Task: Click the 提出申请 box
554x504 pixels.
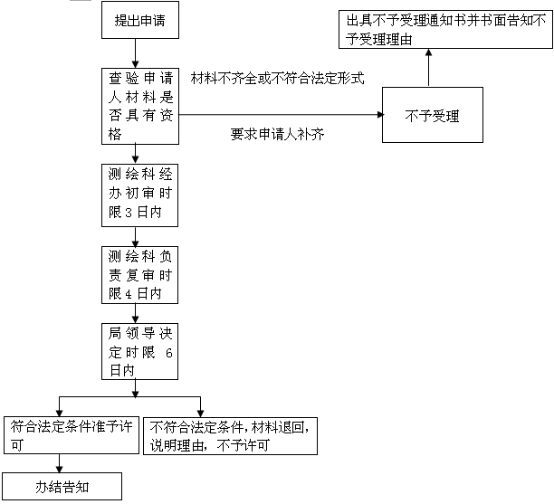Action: point(140,20)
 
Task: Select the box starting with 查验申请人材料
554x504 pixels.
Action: point(140,106)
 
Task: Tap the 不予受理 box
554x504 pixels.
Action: point(433,115)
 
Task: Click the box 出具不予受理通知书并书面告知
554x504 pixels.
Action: point(445,29)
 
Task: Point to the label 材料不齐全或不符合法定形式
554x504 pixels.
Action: point(277,78)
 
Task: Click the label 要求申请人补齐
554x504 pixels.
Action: point(277,134)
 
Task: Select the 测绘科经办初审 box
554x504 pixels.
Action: point(140,195)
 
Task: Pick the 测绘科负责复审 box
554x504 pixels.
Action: point(140,275)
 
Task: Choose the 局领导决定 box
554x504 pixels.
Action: point(140,351)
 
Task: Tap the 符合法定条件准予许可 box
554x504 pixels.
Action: point(72,435)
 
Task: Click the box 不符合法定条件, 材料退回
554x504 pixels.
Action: point(230,436)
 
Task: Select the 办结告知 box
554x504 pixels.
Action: point(62,486)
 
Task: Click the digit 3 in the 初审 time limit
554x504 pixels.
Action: point(129,213)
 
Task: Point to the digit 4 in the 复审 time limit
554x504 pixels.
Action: point(129,294)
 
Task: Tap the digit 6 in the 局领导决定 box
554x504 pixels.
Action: point(169,353)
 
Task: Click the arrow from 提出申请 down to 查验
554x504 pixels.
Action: point(135,53)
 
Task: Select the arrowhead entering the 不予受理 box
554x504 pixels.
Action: point(380,114)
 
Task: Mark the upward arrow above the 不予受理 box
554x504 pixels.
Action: point(428,68)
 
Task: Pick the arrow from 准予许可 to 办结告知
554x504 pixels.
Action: point(59,463)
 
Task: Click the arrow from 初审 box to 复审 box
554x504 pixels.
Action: point(135,237)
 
